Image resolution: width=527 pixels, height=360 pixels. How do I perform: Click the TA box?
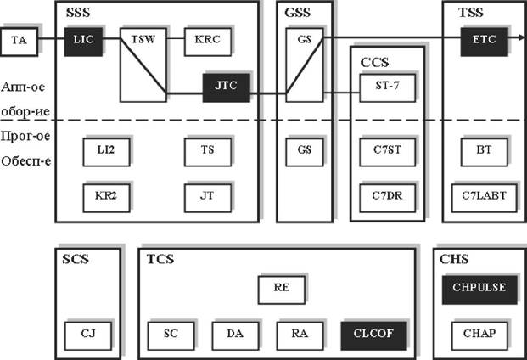click(x=19, y=41)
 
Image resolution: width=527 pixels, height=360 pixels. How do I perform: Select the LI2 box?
click(x=106, y=151)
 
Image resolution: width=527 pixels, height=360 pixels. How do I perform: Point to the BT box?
click(x=484, y=151)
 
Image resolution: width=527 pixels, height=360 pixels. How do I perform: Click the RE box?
click(x=281, y=289)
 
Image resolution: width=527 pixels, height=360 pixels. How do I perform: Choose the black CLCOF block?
click(x=373, y=335)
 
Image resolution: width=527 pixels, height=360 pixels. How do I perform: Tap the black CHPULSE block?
click(x=479, y=289)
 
